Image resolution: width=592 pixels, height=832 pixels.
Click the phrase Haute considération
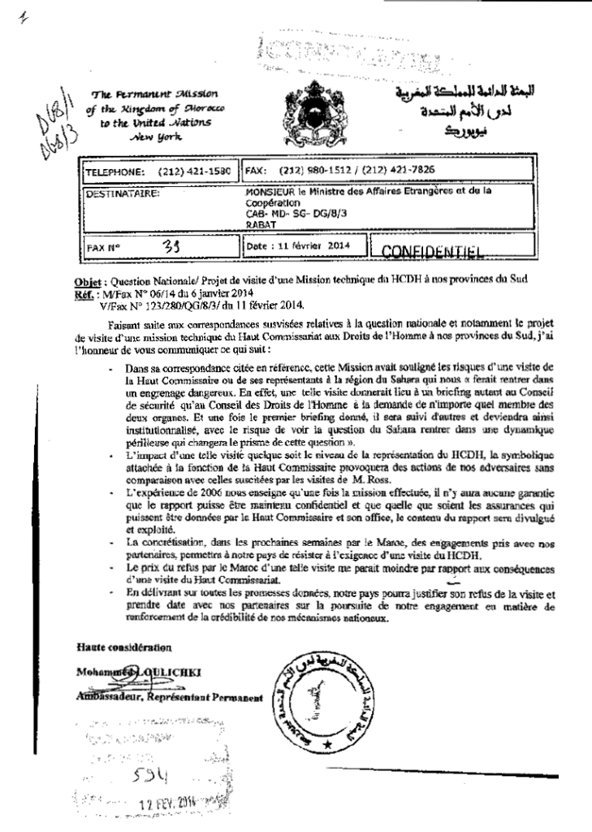click(x=121, y=648)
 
